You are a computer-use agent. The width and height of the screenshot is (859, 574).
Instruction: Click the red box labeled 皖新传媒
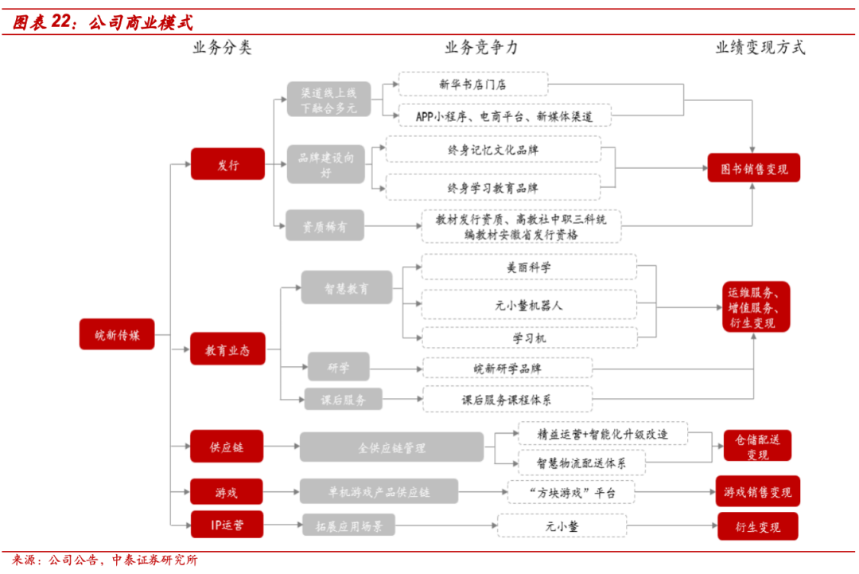coord(117,334)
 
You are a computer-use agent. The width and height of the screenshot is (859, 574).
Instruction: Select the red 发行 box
coord(227,164)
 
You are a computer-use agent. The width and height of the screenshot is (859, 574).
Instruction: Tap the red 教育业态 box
coord(227,349)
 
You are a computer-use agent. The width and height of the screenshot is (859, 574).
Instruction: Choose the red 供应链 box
coord(226,447)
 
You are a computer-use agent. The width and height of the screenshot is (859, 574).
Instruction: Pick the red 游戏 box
coord(226,492)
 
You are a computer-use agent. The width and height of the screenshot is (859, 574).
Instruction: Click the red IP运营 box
coord(227,525)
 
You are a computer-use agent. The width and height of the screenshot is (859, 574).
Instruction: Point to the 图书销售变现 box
coord(754,168)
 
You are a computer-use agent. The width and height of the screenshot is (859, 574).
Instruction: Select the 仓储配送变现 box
coord(758,446)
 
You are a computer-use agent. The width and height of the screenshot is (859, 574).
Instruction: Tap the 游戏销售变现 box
coord(758,491)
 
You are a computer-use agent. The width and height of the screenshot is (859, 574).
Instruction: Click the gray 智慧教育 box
coord(347,287)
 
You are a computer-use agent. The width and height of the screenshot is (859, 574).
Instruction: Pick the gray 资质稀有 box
coord(325,225)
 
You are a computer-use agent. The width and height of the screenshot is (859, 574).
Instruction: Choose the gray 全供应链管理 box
coord(391,447)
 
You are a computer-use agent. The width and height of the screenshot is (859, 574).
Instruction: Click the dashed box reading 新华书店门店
coord(472,84)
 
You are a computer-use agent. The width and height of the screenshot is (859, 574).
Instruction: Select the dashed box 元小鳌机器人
coord(529,304)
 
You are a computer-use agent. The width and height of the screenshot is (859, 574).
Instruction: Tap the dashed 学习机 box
coord(529,338)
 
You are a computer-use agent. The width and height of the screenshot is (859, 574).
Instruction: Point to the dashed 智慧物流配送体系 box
coord(581,463)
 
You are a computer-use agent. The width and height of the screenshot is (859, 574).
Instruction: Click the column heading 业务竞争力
coord(481,48)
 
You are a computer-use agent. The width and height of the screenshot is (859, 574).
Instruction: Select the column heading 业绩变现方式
coord(760,48)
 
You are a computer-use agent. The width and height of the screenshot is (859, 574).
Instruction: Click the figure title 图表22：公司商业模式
coord(103,22)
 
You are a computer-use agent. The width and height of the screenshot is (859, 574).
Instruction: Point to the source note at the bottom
coord(105,560)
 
